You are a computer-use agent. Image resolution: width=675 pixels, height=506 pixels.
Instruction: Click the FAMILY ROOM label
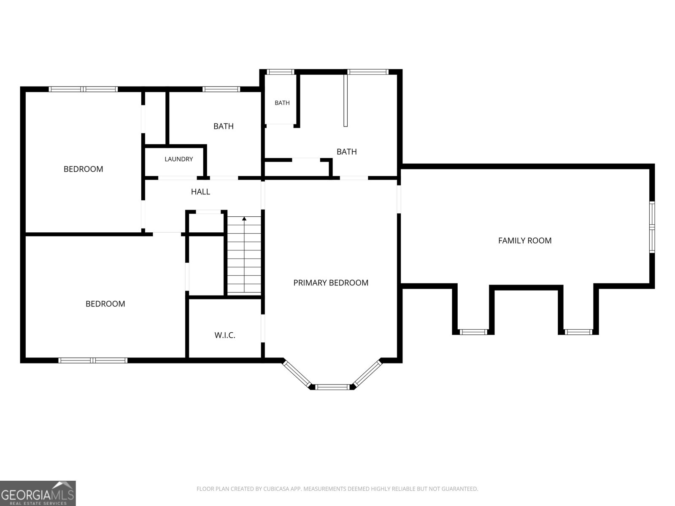click(525, 240)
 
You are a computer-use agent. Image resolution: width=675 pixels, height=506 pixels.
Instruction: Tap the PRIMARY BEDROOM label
click(331, 283)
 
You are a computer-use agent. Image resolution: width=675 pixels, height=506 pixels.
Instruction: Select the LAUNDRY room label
click(179, 159)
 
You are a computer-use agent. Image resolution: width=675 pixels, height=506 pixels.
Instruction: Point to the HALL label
click(200, 192)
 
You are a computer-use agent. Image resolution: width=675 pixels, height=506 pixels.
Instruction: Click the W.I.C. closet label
click(225, 335)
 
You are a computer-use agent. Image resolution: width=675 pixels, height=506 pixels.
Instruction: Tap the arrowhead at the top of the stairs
click(244, 218)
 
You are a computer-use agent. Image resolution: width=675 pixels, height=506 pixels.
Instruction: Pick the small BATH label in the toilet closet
click(282, 103)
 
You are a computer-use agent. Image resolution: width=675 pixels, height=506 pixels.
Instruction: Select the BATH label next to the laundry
click(224, 126)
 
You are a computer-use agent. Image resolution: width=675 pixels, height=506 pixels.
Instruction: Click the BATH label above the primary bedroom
click(347, 152)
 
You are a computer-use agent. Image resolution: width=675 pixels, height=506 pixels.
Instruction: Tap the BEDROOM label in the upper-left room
click(84, 169)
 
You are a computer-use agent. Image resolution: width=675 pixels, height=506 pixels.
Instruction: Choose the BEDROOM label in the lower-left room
click(105, 304)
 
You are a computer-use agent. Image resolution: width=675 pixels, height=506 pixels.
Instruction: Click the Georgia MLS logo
click(38, 493)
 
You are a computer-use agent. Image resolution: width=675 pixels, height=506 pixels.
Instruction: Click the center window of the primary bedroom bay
click(332, 387)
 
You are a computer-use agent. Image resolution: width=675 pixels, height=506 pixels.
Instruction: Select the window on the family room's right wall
click(652, 227)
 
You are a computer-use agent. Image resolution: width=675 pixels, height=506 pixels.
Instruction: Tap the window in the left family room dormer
click(473, 332)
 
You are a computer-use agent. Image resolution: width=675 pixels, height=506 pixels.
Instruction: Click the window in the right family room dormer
click(578, 332)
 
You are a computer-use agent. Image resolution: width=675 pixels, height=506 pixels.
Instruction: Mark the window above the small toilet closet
click(280, 72)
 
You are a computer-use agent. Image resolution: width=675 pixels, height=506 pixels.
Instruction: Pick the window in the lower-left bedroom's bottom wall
click(93, 361)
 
